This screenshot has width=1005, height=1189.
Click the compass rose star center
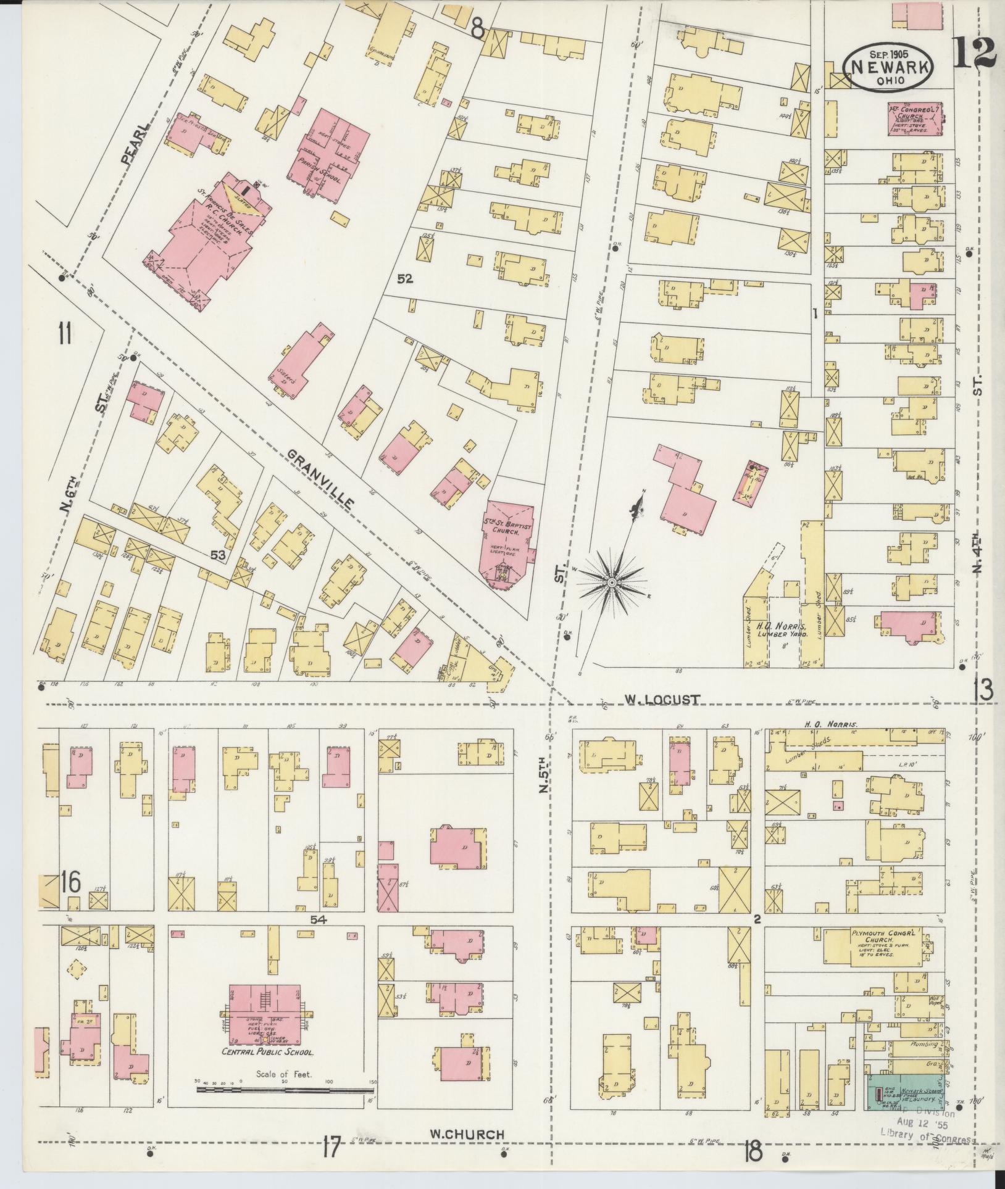(611, 582)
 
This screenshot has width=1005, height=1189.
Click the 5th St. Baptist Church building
(507, 543)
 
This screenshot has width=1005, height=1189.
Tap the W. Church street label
(467, 1133)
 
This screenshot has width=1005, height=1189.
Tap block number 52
(404, 280)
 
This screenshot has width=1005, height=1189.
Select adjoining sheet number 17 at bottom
(330, 1148)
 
